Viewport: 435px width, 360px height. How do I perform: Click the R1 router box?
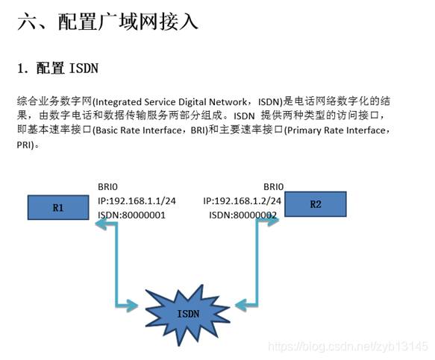click(58, 207)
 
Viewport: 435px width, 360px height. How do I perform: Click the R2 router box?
click(316, 204)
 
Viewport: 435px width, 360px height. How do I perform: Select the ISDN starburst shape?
click(188, 315)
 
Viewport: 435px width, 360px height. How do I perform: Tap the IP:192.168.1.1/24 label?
click(137, 201)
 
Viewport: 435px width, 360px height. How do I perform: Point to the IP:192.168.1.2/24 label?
click(242, 201)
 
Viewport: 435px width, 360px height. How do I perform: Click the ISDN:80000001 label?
click(131, 215)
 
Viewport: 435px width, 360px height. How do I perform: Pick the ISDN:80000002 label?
click(242, 215)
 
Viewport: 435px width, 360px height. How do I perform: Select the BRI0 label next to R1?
click(107, 187)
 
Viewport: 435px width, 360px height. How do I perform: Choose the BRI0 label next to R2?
click(274, 187)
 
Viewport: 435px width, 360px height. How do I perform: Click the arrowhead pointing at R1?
click(101, 224)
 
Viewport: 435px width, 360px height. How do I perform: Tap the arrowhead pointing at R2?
click(273, 221)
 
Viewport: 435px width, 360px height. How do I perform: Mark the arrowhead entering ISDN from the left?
click(132, 306)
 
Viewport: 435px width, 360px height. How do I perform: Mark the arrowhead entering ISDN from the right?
click(240, 305)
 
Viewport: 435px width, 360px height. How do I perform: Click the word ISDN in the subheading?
click(84, 68)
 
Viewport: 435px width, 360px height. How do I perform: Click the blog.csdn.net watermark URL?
click(348, 347)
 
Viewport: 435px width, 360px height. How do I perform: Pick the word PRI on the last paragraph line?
click(24, 145)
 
